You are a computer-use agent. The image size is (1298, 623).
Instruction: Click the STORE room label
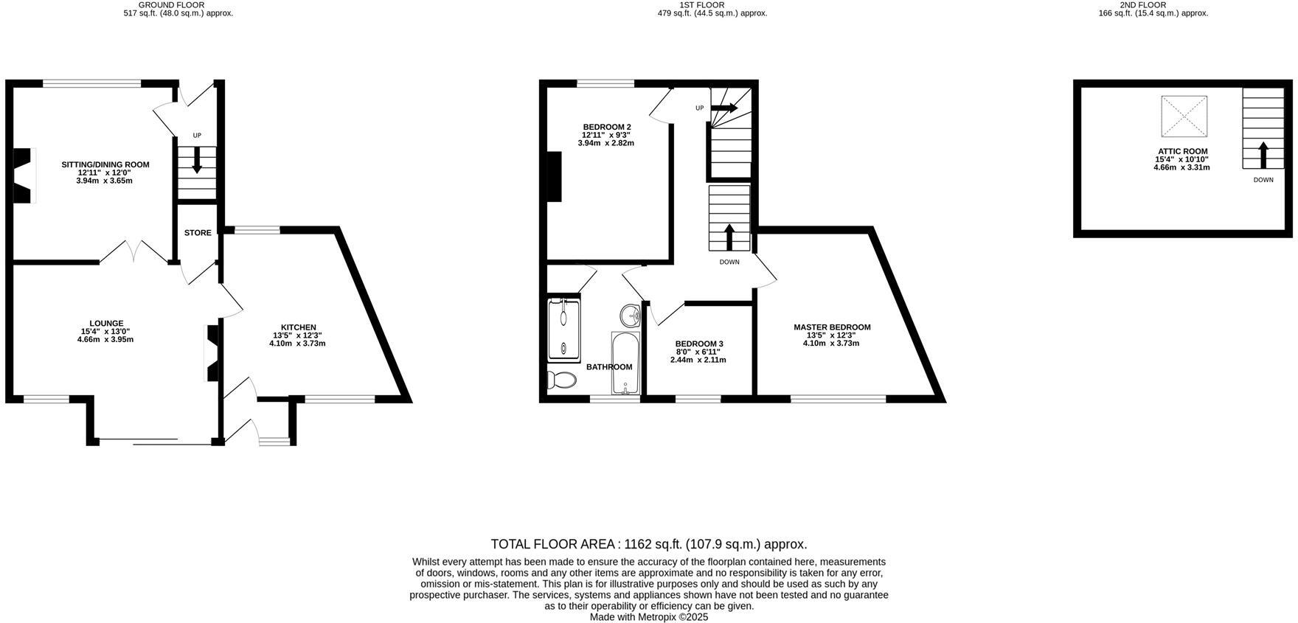(x=198, y=233)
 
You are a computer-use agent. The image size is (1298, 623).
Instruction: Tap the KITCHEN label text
(x=299, y=327)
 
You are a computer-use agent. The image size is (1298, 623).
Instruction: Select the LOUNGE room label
(x=106, y=323)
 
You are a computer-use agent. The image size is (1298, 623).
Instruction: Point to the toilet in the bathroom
(x=562, y=380)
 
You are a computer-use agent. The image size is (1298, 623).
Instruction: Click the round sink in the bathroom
(x=631, y=316)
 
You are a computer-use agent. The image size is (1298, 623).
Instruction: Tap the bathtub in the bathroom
(x=625, y=363)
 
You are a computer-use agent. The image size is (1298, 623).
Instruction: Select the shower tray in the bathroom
(x=565, y=330)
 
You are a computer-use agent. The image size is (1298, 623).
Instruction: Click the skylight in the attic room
(x=1184, y=116)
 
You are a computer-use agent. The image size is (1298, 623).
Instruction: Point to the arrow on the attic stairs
(x=1263, y=156)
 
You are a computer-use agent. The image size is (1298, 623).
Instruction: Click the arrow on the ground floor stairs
(x=197, y=159)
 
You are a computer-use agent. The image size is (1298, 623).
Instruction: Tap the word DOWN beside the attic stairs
(x=1263, y=180)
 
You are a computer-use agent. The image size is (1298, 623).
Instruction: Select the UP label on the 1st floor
(x=699, y=108)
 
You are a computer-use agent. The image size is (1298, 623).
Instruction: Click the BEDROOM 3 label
(x=699, y=344)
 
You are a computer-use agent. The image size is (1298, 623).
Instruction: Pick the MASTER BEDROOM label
(x=832, y=327)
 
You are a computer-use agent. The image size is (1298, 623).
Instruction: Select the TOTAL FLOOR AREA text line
(x=649, y=544)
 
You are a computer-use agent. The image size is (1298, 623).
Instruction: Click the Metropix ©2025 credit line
(x=649, y=617)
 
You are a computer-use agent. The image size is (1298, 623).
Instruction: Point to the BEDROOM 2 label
(x=606, y=127)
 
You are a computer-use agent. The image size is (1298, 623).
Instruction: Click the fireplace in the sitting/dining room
(x=24, y=175)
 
